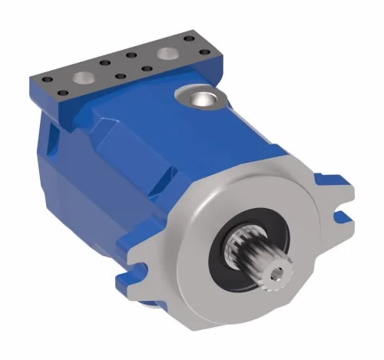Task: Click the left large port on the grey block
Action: [x=81, y=78]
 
